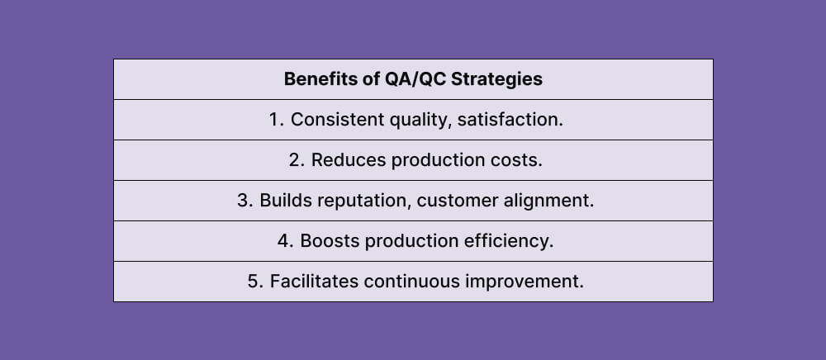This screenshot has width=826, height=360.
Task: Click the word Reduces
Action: (x=344, y=160)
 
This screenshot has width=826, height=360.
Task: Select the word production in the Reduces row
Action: (x=434, y=160)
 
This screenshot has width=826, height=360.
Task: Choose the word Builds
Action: (x=285, y=201)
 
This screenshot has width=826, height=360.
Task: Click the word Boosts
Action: (x=330, y=241)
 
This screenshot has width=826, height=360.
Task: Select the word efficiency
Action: (x=513, y=241)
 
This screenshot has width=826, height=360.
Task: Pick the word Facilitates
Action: (x=311, y=282)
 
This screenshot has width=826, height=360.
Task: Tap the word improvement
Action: (x=525, y=282)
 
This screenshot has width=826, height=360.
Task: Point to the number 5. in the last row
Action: (x=255, y=282)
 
